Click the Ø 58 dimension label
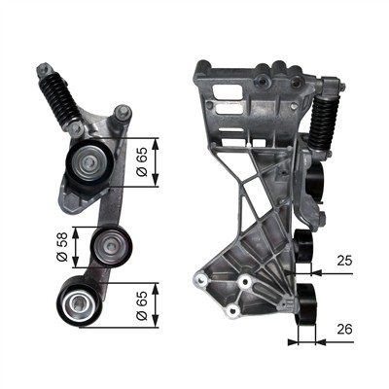61,248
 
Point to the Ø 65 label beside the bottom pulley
143,302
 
